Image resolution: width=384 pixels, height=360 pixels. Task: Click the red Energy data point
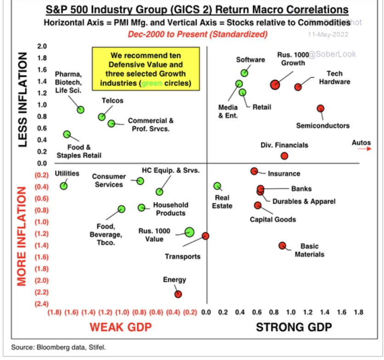(178, 294)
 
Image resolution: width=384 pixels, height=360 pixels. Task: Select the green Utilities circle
(64, 186)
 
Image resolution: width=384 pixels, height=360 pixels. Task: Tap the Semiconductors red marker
(321, 109)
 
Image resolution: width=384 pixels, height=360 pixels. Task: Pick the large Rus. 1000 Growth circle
(275, 84)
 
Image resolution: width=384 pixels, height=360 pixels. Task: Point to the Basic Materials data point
(282, 246)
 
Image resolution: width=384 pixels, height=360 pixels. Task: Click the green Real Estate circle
(217, 186)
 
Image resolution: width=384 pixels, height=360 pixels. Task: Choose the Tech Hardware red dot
(298, 87)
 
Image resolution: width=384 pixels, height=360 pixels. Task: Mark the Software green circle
(244, 73)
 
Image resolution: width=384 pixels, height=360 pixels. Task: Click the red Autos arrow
(364, 149)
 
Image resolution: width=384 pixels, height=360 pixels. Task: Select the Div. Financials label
(284, 145)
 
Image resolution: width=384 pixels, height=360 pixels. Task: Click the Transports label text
(183, 256)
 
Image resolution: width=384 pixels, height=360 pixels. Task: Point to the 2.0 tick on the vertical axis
(42, 46)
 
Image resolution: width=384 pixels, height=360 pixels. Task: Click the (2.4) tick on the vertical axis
(42, 303)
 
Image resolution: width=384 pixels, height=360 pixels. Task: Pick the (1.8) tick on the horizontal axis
(55, 312)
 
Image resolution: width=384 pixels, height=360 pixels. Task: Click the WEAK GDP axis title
(120, 327)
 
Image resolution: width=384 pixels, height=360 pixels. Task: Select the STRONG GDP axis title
(294, 327)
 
